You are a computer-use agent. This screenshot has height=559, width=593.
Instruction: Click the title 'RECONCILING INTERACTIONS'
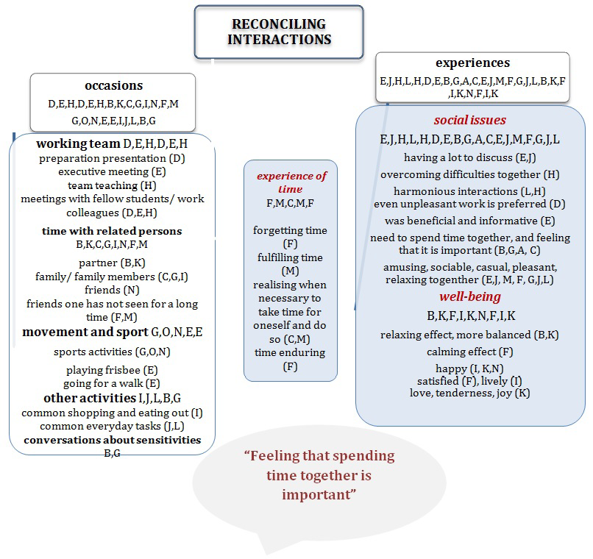pyautogui.click(x=279, y=31)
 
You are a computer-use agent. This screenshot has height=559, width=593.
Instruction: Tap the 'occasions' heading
pyautogui.click(x=113, y=86)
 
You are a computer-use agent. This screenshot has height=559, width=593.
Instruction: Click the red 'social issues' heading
pyautogui.click(x=470, y=121)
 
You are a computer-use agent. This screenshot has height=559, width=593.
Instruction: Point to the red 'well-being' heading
pyautogui.click(x=470, y=297)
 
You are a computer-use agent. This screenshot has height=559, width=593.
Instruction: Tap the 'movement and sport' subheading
pyautogui.click(x=86, y=332)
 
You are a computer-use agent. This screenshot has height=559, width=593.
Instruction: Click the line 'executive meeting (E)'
pyautogui.click(x=112, y=171)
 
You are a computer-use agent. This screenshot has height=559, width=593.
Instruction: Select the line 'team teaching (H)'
pyautogui.click(x=112, y=185)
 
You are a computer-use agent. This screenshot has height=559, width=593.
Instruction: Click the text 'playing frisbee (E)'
pyautogui.click(x=112, y=370)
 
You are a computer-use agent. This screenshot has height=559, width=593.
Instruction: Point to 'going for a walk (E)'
pyautogui.click(x=112, y=383)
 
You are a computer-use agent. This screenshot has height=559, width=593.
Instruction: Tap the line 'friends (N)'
pyautogui.click(x=112, y=290)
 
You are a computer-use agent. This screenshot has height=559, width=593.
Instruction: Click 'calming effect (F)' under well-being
pyautogui.click(x=469, y=352)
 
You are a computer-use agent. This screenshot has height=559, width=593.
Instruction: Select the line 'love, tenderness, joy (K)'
pyautogui.click(x=469, y=393)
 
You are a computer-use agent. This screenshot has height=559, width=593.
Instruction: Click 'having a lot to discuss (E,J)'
pyautogui.click(x=469, y=157)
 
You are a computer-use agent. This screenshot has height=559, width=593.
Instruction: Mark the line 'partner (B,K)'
pyautogui.click(x=112, y=263)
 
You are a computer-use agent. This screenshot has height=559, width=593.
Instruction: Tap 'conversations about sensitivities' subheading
pyautogui.click(x=112, y=440)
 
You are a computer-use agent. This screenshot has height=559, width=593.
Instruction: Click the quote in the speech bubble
pyautogui.click(x=319, y=475)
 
